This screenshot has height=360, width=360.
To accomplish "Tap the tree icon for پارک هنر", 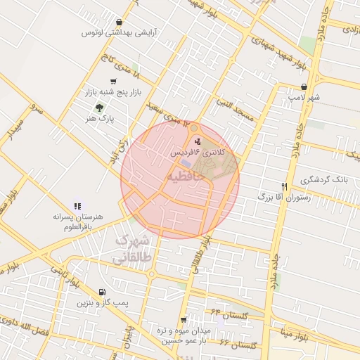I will pyautogui.click(x=99, y=108).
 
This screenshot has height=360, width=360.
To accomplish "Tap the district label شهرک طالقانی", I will pyautogui.click(x=133, y=249).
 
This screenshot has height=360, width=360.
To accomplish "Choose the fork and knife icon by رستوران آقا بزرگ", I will pyautogui.click(x=284, y=186).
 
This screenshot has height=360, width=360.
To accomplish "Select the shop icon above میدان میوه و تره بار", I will pyautogui.click(x=184, y=320).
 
